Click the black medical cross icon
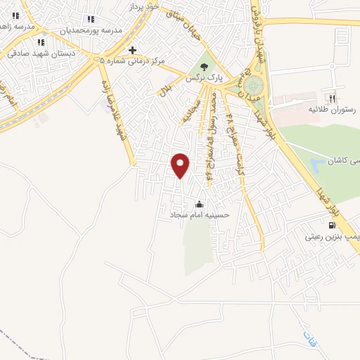pyautogui.click(x=132, y=50)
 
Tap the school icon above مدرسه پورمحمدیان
pyautogui.click(x=89, y=19)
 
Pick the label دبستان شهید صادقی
pyautogui.click(x=38, y=52)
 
